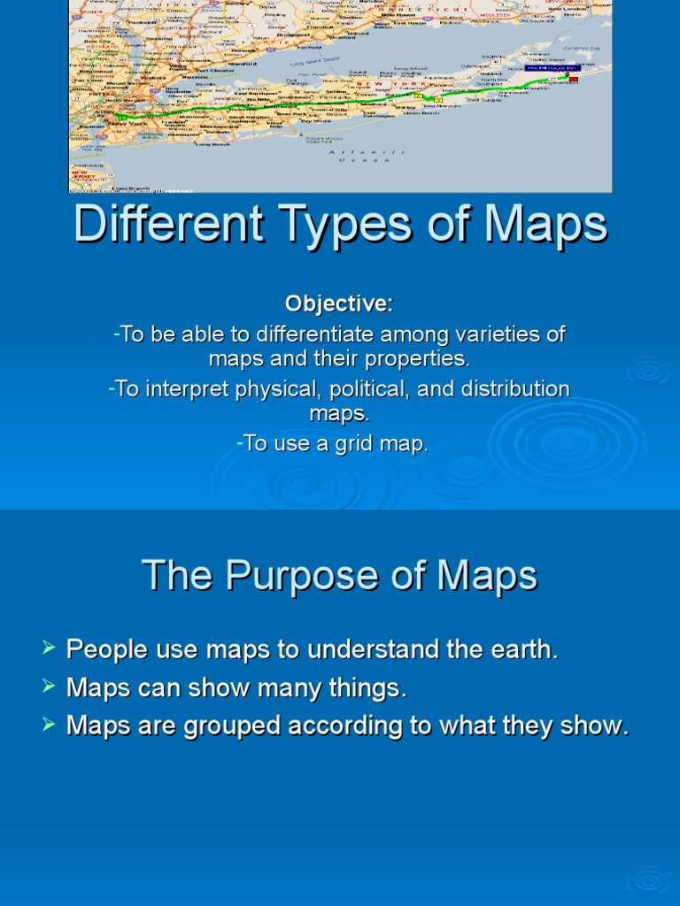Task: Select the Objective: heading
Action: click(x=339, y=303)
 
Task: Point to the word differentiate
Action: click(x=310, y=335)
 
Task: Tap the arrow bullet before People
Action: click(x=49, y=649)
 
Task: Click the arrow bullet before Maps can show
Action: click(x=49, y=687)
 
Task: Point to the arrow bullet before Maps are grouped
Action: click(x=49, y=726)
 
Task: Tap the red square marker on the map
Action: click(x=573, y=80)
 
